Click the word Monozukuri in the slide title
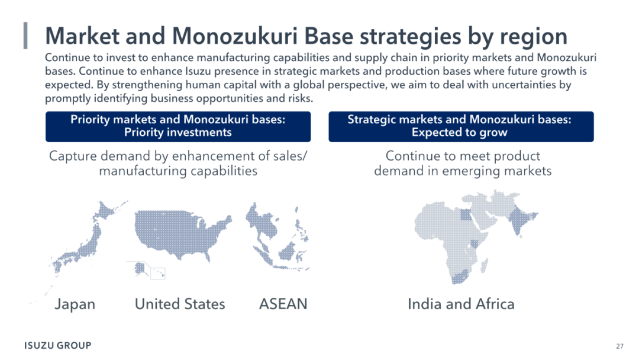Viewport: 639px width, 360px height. coord(235,36)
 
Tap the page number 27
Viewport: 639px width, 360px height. coord(619,346)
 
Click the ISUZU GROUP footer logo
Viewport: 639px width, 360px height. coord(58,345)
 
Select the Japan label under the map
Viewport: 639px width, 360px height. coord(75,304)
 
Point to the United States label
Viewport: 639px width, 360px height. coord(180,304)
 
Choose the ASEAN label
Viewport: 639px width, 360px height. coord(283,304)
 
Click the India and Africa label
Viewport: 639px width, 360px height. coord(461,304)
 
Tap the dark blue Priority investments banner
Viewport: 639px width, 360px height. coord(178,126)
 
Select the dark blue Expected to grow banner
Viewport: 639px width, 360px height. coord(461,126)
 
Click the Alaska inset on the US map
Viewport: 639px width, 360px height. coord(140,269)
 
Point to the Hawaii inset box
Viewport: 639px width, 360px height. coord(158,273)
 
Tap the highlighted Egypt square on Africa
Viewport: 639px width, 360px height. coord(466,214)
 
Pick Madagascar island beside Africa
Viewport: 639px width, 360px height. coord(484,265)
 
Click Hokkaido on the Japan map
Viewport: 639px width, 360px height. coord(106,210)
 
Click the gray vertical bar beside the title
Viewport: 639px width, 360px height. coord(25,36)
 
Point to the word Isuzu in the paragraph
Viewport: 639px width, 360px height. coord(199,71)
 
